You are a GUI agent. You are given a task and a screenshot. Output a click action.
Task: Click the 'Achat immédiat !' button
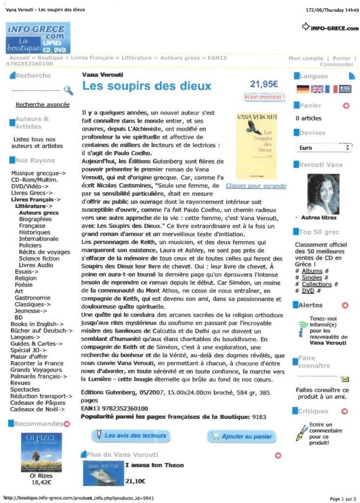(x=264, y=97)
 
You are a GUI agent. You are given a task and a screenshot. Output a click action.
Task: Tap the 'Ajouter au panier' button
(x=242, y=436)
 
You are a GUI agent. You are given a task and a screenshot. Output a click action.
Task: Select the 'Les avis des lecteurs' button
(x=131, y=435)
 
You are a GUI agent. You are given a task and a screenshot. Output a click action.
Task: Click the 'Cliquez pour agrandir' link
(x=256, y=186)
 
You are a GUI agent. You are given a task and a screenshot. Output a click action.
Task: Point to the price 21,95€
(x=264, y=84)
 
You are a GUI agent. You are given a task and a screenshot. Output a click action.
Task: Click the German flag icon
(x=303, y=89)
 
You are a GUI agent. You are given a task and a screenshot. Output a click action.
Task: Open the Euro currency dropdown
(x=325, y=147)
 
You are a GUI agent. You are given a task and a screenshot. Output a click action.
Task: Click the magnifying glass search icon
(x=68, y=90)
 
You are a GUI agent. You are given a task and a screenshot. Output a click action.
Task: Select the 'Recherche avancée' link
(x=43, y=105)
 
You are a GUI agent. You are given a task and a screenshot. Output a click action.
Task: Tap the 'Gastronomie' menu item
(x=32, y=298)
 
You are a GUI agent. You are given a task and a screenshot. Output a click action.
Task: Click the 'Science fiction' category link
(x=39, y=258)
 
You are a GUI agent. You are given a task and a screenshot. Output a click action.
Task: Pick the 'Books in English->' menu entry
(x=37, y=324)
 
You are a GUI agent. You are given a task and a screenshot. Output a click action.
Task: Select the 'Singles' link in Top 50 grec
(x=312, y=278)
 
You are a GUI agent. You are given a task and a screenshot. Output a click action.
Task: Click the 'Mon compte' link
(x=305, y=58)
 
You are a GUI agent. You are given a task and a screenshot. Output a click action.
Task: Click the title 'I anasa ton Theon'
(x=154, y=465)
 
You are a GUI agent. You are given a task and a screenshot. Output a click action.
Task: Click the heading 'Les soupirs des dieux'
(x=147, y=87)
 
